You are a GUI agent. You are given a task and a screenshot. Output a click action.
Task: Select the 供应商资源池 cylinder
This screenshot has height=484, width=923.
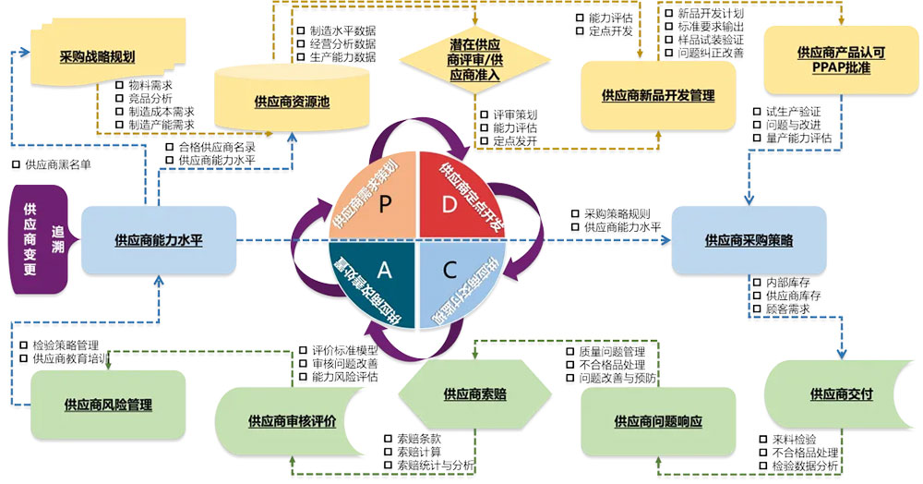[292, 102]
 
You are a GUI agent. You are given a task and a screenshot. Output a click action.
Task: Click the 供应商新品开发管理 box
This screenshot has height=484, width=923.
[657, 95]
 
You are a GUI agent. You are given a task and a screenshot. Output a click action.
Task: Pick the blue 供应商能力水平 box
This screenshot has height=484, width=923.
[158, 240]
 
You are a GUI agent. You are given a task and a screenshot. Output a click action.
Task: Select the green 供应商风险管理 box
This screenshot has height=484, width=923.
[108, 405]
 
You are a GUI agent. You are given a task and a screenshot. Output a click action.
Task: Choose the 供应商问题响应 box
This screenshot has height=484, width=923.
[658, 421]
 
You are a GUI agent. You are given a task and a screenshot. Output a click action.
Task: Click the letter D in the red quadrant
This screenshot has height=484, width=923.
[450, 204]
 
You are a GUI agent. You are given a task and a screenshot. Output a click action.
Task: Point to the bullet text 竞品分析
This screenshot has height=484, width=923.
[150, 98]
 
